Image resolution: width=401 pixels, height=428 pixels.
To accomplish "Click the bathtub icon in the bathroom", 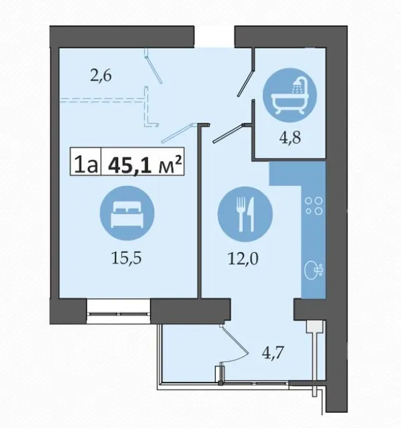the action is [x=290, y=95].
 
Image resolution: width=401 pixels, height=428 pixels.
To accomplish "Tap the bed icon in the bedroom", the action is [x=127, y=213].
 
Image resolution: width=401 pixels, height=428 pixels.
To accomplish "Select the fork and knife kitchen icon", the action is [x=245, y=214].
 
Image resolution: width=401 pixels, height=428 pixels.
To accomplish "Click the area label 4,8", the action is [x=290, y=138].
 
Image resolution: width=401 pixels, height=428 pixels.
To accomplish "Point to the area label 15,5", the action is [x=126, y=258].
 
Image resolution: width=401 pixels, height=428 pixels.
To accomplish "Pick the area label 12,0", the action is [x=243, y=259].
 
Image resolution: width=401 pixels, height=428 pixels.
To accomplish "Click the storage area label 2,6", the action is [x=101, y=76].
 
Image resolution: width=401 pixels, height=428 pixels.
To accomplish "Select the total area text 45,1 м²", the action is [x=145, y=165].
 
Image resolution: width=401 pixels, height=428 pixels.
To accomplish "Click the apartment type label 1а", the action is [x=86, y=165].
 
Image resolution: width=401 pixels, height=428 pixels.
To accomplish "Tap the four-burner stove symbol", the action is [x=314, y=206].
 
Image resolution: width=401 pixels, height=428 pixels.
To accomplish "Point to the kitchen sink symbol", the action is [x=314, y=270].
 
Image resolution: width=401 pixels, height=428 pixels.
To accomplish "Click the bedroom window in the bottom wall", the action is [x=119, y=311].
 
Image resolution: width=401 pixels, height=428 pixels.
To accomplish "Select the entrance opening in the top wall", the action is [x=214, y=37].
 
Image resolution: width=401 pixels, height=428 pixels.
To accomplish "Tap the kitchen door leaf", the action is [x=228, y=133].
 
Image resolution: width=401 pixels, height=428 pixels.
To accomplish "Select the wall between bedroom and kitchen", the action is [x=199, y=211].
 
